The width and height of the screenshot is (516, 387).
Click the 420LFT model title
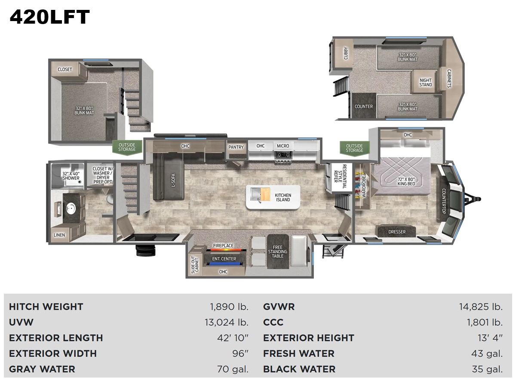[x=49, y=17]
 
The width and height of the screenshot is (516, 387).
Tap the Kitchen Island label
[x=283, y=197]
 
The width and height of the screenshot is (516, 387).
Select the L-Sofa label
[x=173, y=180]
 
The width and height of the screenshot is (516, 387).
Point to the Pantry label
[x=236, y=147]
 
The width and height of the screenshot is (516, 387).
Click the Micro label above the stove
[x=283, y=146]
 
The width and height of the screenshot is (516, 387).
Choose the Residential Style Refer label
[x=340, y=176]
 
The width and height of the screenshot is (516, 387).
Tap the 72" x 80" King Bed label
[x=406, y=181]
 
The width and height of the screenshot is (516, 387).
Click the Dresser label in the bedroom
[x=397, y=232]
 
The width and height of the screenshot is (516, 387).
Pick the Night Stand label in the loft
[x=426, y=83]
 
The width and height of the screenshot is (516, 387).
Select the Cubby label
[x=346, y=53]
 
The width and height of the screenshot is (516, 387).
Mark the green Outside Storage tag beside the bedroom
[x=354, y=148]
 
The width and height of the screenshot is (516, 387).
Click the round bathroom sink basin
[x=70, y=208]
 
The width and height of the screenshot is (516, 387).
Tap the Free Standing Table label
[x=277, y=252]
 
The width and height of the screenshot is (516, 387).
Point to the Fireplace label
[x=223, y=246]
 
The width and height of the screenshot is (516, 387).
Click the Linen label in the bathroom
[x=59, y=235]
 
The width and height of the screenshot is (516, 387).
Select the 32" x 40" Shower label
[x=71, y=176]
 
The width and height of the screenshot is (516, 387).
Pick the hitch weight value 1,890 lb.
[x=229, y=307]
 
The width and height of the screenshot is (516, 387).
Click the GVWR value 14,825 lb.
[x=481, y=307]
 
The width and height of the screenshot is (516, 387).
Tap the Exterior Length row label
[x=56, y=338]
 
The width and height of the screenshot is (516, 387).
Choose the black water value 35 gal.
[x=487, y=369]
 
